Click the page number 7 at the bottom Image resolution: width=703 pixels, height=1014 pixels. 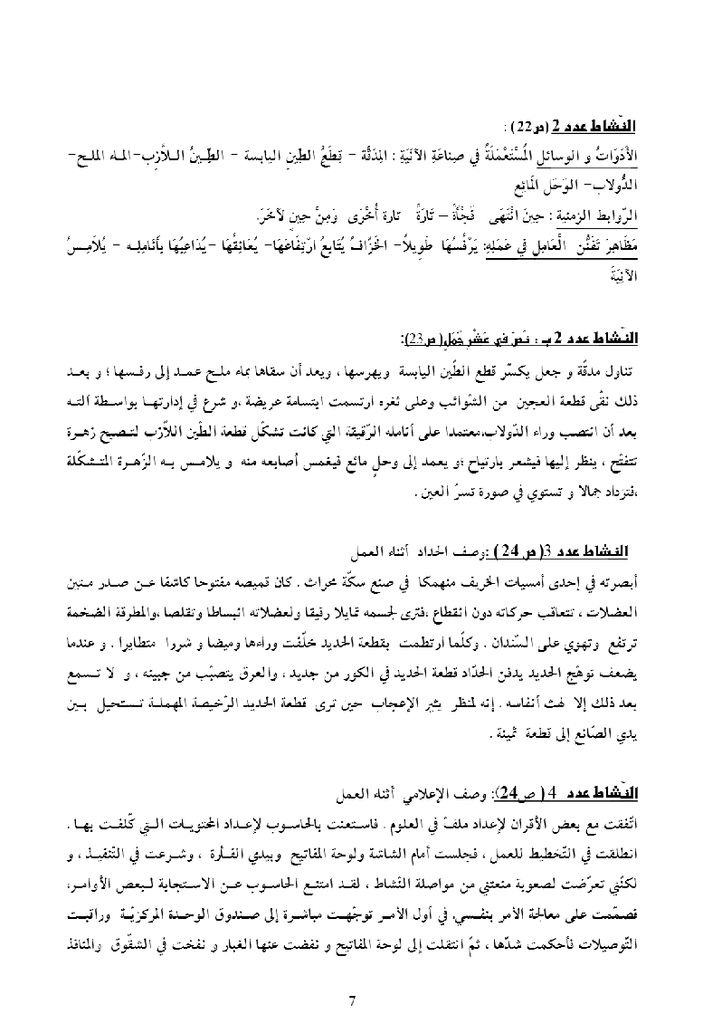tap(352, 1000)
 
